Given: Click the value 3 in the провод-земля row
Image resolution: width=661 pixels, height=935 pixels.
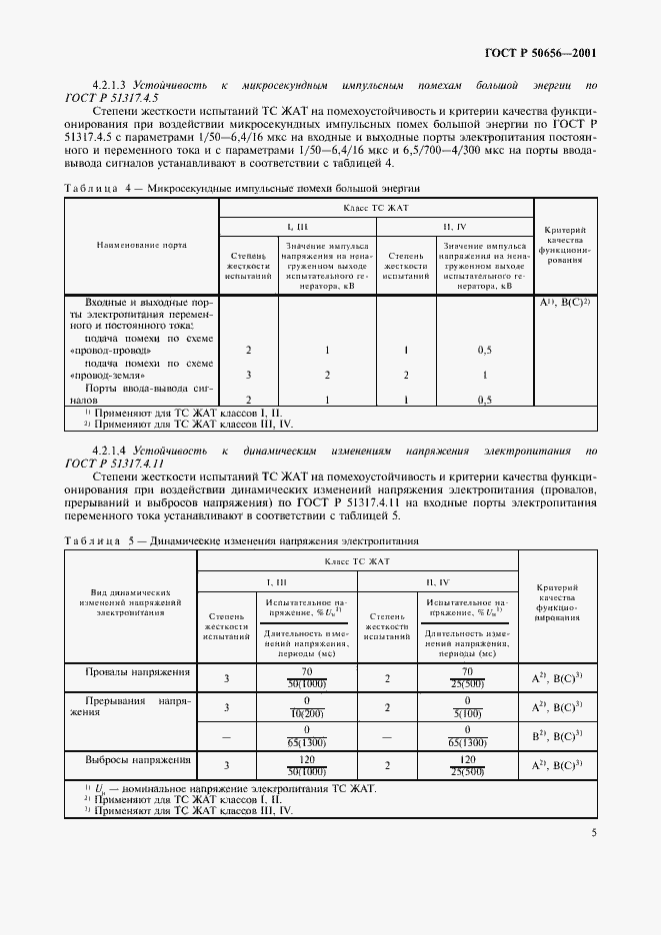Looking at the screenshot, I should [x=248, y=376].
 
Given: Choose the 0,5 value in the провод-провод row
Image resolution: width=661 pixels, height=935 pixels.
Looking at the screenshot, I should [x=484, y=351].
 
